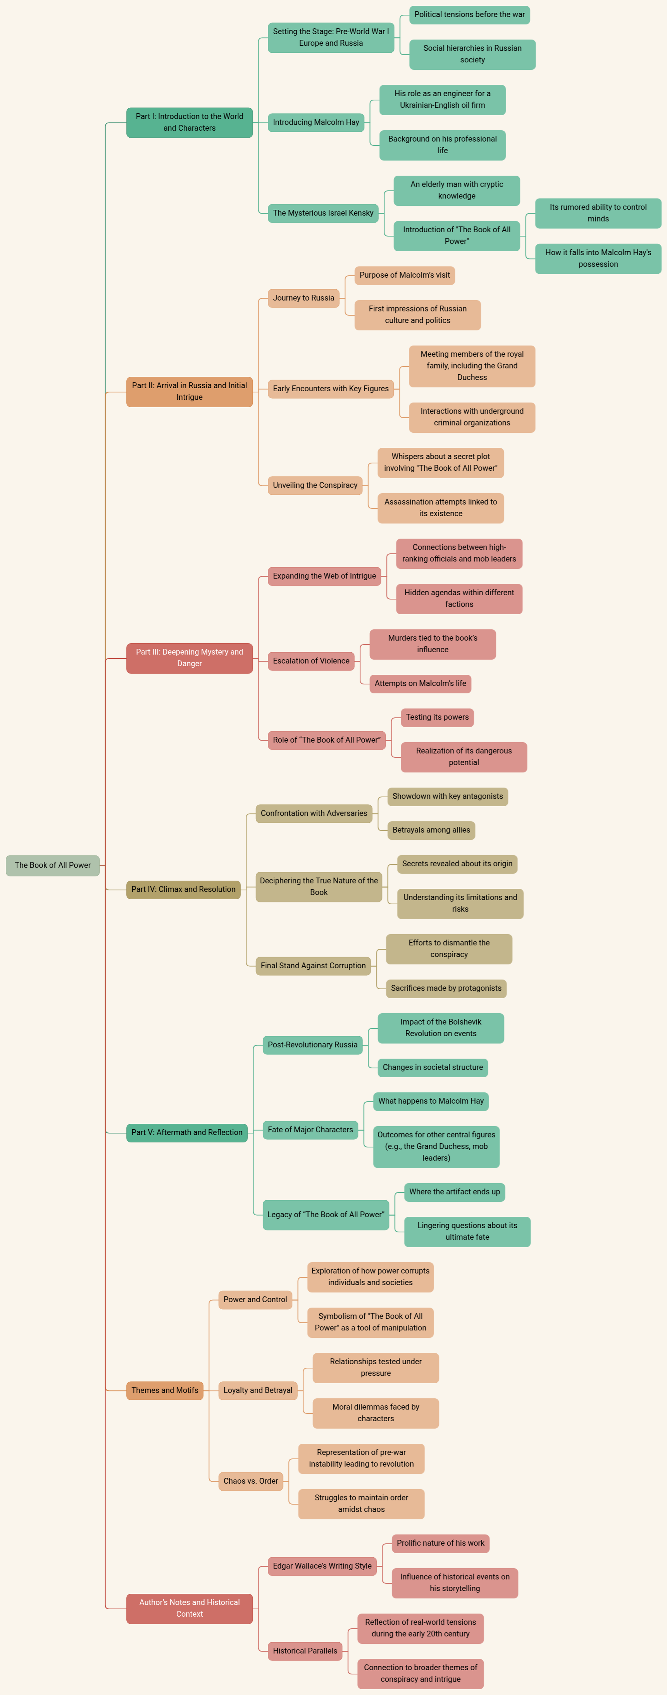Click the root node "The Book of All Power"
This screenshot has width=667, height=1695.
pyautogui.click(x=53, y=865)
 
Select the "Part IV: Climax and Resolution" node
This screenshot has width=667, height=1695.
pyautogui.click(x=184, y=889)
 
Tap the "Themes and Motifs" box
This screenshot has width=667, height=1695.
pyautogui.click(x=164, y=1390)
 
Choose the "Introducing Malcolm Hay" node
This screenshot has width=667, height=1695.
pyautogui.click(x=316, y=123)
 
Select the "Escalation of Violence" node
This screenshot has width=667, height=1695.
pyautogui.click(x=311, y=661)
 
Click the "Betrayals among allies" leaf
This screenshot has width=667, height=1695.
pyautogui.click(x=431, y=830)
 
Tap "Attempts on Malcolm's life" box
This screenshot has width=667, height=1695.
pyautogui.click(x=421, y=683)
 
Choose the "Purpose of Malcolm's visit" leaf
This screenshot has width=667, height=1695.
pyautogui.click(x=405, y=275)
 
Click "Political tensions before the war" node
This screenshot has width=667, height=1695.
pyautogui.click(x=470, y=14)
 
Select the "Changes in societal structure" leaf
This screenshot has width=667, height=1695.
pyautogui.click(x=433, y=1067)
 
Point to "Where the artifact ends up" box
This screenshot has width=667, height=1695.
pyautogui.click(x=455, y=1192)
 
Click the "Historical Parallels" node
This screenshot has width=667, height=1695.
pyautogui.click(x=305, y=1651)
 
